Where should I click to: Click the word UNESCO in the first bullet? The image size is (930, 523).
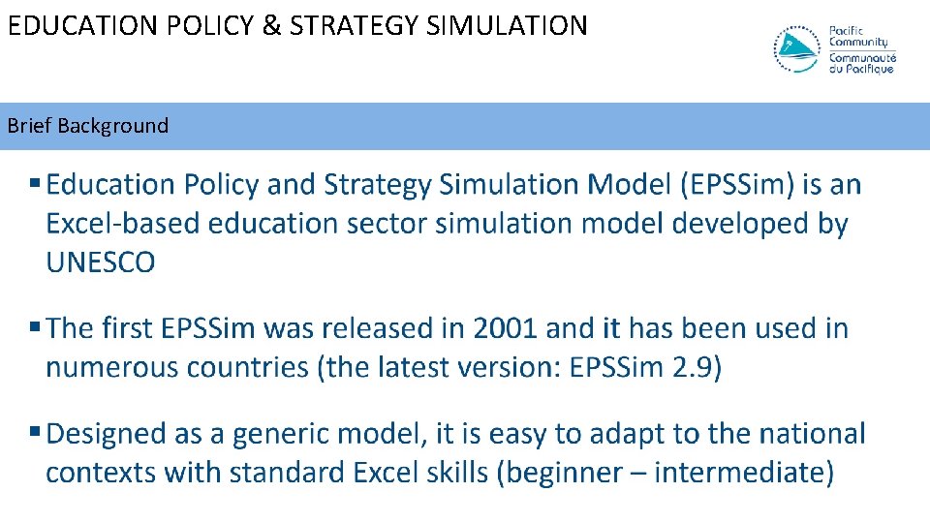pyautogui.click(x=101, y=262)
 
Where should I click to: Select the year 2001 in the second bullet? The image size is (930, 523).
pyautogui.click(x=505, y=328)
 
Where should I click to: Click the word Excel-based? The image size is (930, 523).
pyautogui.click(x=123, y=224)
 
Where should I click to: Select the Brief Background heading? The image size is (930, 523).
pyautogui.click(x=88, y=126)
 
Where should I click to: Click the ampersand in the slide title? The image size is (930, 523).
pyautogui.click(x=271, y=24)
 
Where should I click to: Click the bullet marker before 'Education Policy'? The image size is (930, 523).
pyautogui.click(x=35, y=184)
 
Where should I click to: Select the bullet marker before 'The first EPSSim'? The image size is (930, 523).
pyautogui.click(x=35, y=328)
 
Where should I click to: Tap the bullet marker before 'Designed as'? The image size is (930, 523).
pyautogui.click(x=35, y=433)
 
